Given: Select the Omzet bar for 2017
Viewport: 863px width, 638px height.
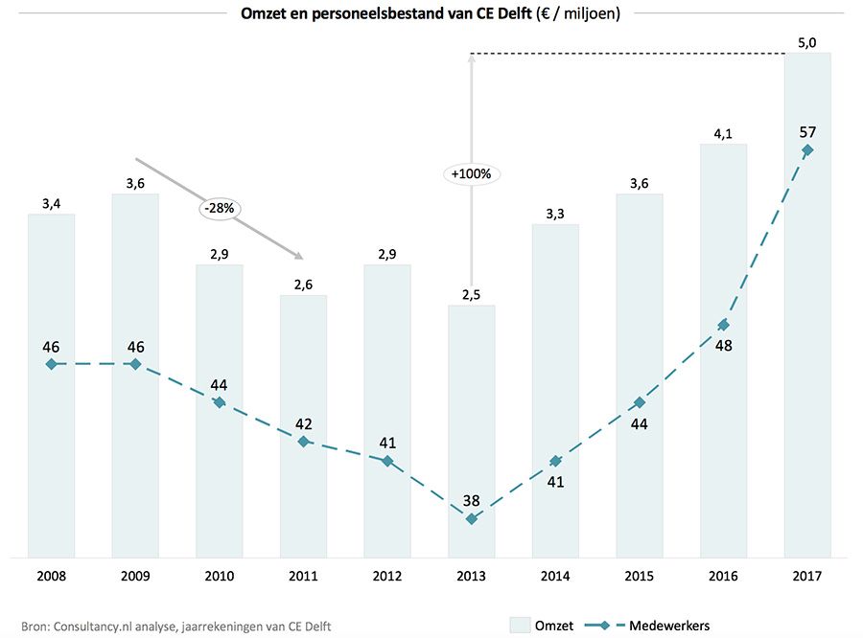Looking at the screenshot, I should click(807, 307).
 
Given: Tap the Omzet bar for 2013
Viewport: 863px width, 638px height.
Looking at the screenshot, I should click(471, 431).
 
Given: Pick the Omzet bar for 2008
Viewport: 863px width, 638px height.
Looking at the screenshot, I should click(51, 383).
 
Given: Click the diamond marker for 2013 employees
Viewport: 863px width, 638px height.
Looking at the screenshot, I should click(471, 518).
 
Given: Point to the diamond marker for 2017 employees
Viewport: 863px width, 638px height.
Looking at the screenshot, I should click(807, 150).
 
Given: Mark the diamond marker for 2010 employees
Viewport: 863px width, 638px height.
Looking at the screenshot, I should click(219, 402).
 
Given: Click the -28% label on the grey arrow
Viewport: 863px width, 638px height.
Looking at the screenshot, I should click(219, 206).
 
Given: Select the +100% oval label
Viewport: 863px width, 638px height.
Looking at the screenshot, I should click(471, 174).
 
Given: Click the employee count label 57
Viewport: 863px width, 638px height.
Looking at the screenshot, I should click(807, 131).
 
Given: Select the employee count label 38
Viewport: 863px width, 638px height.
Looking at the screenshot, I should click(471, 499).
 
